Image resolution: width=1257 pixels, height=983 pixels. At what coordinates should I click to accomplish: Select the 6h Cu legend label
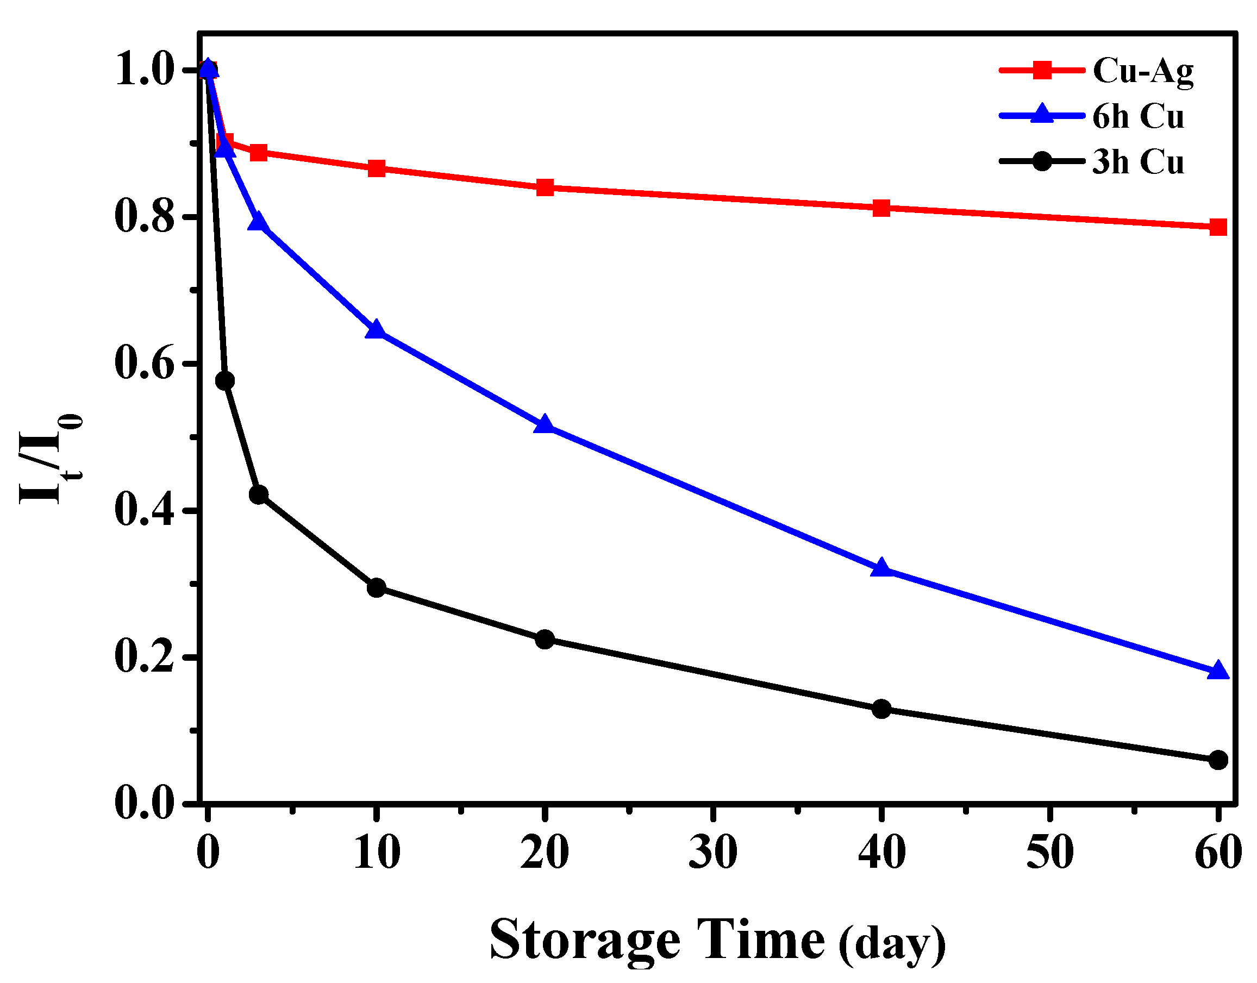coord(1138,117)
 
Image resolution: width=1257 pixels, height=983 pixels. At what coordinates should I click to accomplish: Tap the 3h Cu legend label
coord(1138,162)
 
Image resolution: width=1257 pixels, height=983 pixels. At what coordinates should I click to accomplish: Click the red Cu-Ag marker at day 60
coord(1217,227)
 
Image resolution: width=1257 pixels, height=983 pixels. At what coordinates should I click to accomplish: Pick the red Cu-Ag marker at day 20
coord(545,187)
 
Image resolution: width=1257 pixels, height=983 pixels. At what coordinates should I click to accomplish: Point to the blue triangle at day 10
coord(376,330)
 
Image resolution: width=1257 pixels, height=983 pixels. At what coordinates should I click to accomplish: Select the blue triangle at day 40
coord(881,568)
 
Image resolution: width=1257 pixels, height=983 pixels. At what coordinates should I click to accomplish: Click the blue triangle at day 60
coord(1217,671)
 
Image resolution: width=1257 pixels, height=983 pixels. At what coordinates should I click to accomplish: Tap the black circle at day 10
coord(376,587)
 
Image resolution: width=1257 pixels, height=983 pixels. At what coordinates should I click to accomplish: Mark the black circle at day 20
coord(545,640)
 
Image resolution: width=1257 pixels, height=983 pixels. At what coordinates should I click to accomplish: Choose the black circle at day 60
coord(1217,760)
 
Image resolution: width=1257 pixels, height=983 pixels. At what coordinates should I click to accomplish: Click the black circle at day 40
coord(881,709)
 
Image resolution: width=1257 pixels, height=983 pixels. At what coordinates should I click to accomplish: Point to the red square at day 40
coord(881,208)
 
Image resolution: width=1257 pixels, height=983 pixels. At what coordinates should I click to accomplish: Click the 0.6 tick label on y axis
coord(145,364)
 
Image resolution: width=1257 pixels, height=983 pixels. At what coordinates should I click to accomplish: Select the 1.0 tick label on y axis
coord(145,71)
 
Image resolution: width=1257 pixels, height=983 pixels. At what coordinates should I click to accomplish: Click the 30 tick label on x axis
coord(712,853)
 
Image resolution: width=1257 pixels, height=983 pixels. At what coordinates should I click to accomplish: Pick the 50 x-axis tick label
coord(1050,853)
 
